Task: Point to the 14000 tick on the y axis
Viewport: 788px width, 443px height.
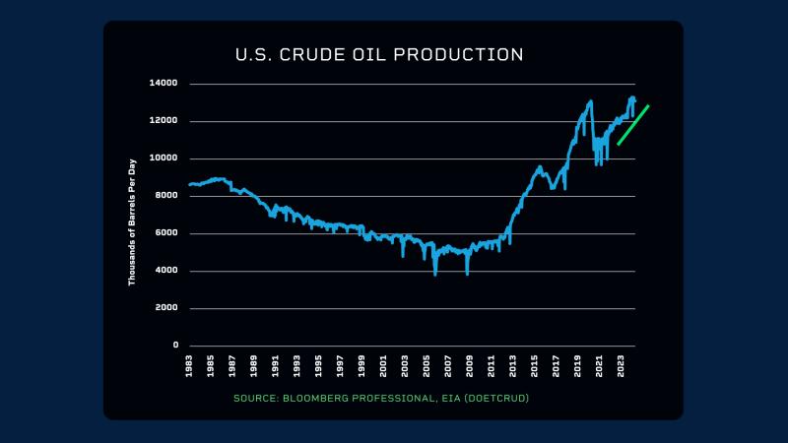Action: click(x=164, y=84)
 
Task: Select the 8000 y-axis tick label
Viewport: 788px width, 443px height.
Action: click(x=166, y=196)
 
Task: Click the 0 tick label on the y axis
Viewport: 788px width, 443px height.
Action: click(x=175, y=346)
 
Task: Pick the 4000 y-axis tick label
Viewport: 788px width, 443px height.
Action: click(x=166, y=271)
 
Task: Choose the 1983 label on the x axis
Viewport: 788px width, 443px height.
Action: click(x=190, y=366)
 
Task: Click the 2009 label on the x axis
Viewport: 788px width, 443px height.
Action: click(x=471, y=366)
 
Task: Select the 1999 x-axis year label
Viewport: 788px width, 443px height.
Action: click(x=362, y=366)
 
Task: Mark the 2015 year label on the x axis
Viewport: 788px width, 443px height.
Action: click(x=536, y=366)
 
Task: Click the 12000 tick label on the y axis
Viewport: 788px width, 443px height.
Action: click(x=164, y=121)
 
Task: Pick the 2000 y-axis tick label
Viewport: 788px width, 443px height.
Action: click(x=166, y=308)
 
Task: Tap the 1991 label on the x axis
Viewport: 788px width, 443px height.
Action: click(x=277, y=366)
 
